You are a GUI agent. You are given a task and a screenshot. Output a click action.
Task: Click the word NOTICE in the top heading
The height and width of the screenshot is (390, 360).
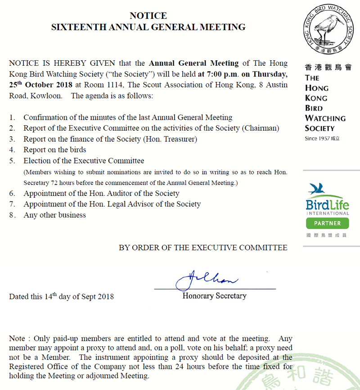click(x=148, y=16)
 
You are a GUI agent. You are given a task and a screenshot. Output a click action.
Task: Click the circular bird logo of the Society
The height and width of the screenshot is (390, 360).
click(x=328, y=31)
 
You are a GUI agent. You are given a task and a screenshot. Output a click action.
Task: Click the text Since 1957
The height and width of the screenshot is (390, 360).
click(x=316, y=138)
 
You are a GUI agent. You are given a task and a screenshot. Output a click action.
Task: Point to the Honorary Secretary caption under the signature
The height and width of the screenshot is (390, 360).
click(x=214, y=296)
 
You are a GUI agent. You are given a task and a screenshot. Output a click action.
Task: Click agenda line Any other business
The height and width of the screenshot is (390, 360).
click(x=54, y=215)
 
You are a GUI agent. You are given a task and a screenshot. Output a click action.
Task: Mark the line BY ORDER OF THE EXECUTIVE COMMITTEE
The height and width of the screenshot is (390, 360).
click(x=203, y=248)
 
